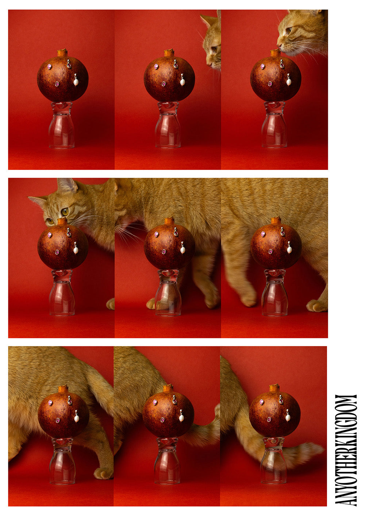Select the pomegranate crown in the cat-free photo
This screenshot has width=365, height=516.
(x=62, y=53)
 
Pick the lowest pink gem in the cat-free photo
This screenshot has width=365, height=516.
(x=57, y=84)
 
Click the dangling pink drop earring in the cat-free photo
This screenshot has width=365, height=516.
(x=69, y=64)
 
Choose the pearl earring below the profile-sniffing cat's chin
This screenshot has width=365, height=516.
(x=289, y=80)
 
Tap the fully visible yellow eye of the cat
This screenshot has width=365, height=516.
(x=65, y=212)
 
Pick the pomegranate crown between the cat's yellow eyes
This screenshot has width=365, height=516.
(x=62, y=221)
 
